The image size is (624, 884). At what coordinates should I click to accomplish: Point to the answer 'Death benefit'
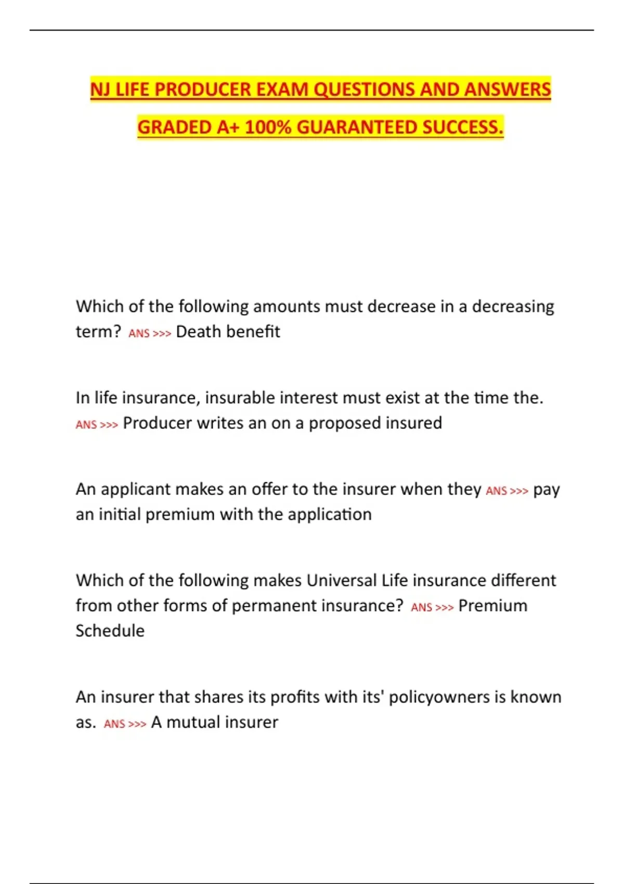[228, 332]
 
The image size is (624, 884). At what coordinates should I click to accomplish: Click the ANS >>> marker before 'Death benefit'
[150, 333]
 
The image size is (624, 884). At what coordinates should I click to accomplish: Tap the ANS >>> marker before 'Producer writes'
[97, 425]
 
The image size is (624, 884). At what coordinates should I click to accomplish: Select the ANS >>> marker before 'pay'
[507, 491]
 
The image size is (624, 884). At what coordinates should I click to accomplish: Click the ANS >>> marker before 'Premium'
[432, 607]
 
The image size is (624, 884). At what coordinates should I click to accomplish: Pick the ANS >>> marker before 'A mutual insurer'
[125, 724]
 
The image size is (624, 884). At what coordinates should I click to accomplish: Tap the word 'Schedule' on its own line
[110, 631]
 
